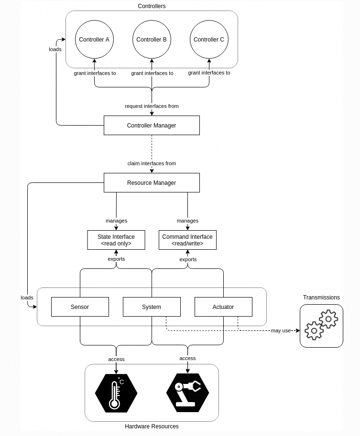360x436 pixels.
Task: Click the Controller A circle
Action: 94,40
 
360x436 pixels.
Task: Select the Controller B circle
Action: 152,40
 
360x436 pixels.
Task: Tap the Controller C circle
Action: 209,40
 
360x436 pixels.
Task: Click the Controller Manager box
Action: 152,126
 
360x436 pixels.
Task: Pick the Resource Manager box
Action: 152,183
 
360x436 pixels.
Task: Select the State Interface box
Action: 116,240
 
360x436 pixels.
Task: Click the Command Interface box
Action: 187,240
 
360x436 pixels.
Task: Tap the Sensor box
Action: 80,307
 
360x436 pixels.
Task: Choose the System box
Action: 152,307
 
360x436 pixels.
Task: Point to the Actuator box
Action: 223,307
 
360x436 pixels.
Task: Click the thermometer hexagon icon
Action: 116,393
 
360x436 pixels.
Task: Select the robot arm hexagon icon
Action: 187,393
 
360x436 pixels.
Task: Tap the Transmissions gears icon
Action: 321,326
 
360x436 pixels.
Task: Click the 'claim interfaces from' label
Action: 152,163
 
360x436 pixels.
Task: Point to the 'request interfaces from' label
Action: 152,106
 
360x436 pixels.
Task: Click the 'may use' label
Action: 281,330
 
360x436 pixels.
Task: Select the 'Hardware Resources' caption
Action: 152,426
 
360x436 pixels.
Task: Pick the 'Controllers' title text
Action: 152,6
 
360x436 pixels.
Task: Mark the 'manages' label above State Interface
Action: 116,221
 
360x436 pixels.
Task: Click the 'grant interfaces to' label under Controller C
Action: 209,73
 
